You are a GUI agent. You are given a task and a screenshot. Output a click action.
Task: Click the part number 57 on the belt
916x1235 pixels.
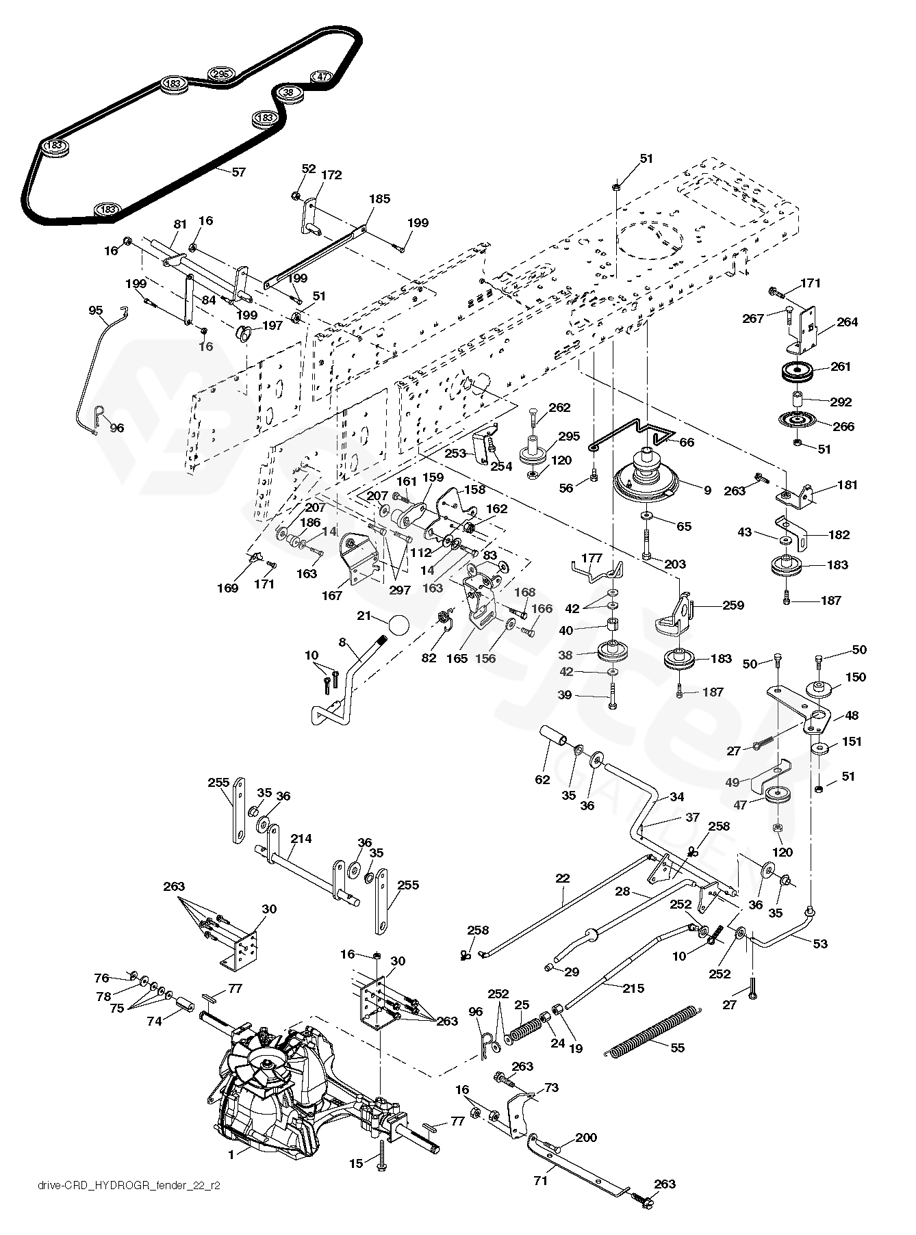click(238, 172)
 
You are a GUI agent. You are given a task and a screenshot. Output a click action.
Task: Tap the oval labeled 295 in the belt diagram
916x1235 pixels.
click(220, 74)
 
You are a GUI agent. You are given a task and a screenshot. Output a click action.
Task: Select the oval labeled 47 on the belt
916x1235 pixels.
click(322, 77)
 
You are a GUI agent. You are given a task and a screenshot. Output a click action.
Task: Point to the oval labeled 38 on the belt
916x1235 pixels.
click(288, 92)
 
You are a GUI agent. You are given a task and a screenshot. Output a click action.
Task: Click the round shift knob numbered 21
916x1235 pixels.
click(398, 626)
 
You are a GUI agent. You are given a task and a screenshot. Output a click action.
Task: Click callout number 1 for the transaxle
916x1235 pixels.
click(231, 1154)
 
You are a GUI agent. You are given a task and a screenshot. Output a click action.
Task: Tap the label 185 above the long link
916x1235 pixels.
click(379, 199)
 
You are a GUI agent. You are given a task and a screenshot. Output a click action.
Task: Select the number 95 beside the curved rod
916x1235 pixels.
click(96, 311)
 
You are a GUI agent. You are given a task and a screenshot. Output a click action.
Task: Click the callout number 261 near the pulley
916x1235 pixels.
click(841, 366)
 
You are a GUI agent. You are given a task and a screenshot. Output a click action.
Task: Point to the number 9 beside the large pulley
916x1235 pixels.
click(707, 490)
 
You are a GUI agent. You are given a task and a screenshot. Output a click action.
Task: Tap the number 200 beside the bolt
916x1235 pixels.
click(586, 1138)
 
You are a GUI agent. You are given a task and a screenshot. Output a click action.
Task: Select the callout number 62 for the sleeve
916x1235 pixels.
click(542, 779)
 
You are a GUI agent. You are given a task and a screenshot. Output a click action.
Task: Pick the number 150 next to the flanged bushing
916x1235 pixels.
click(856, 677)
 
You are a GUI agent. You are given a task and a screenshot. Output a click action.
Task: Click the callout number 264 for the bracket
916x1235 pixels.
click(847, 322)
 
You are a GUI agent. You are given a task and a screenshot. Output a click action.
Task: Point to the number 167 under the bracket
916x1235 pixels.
click(332, 595)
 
